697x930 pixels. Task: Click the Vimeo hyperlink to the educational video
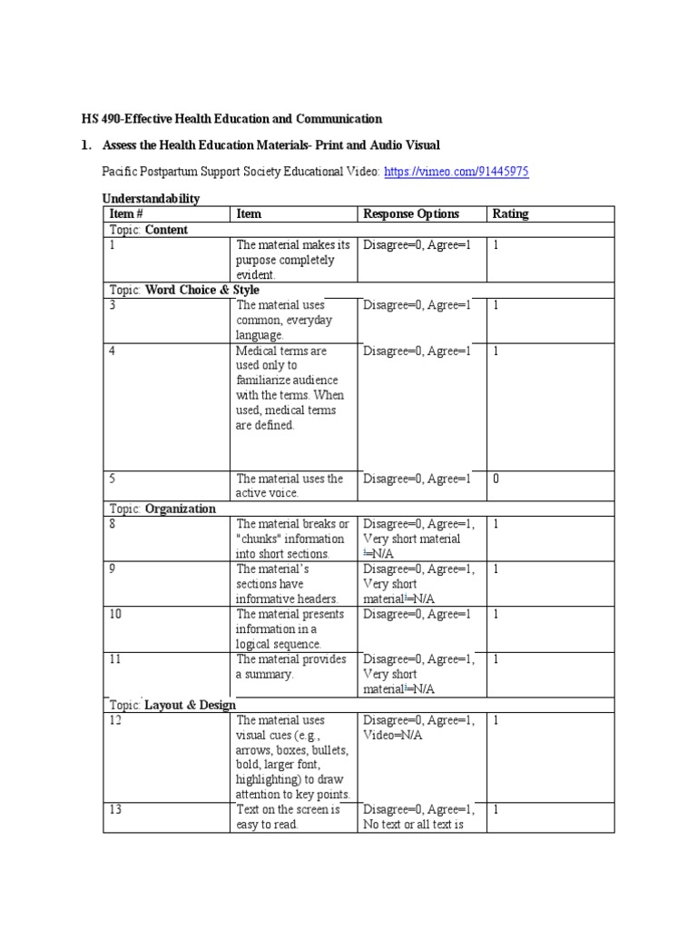point(456,171)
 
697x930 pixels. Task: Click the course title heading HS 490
point(228,119)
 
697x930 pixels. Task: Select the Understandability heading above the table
point(152,198)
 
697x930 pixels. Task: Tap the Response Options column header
point(411,214)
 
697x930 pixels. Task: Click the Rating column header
point(510,214)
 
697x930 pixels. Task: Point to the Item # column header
point(127,214)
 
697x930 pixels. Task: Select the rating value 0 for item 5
point(496,479)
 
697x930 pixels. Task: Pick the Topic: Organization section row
point(162,509)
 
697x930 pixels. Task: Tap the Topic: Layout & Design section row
point(172,705)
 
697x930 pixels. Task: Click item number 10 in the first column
point(115,615)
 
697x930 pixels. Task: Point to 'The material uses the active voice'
point(290,486)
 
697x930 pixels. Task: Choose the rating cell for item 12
point(496,720)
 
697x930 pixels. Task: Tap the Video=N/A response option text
point(393,735)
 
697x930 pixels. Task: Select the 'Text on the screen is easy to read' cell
point(288,817)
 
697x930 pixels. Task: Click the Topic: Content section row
point(149,230)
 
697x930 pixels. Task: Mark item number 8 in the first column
point(113,524)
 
